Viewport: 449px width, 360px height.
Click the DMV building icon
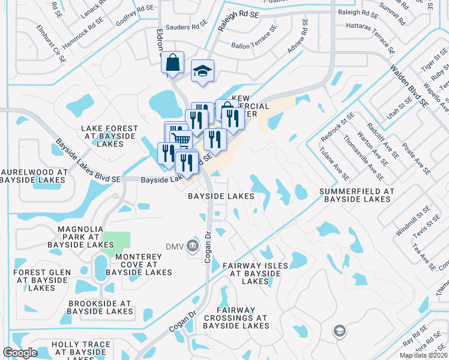coord(192,245)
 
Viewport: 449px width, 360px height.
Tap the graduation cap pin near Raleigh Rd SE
coord(203,71)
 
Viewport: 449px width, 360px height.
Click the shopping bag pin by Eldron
coord(173,63)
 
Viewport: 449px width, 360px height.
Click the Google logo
coord(20,353)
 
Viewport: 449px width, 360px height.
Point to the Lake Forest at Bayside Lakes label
coord(110,136)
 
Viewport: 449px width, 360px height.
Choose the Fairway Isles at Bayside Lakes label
coord(256,273)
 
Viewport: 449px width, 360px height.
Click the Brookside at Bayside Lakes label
coord(100,307)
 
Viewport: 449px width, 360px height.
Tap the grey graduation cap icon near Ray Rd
coord(339,331)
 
